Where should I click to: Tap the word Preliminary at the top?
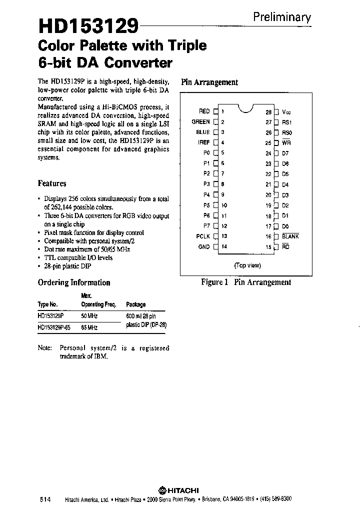[282, 17]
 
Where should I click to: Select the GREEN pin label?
[200, 121]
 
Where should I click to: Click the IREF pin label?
[203, 142]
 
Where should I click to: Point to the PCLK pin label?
[202, 236]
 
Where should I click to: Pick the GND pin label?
[204, 246]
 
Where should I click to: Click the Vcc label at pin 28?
[286, 112]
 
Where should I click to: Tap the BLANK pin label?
[290, 236]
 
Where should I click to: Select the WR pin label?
[286, 143]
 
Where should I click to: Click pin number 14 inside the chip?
[224, 246]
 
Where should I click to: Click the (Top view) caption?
[247, 265]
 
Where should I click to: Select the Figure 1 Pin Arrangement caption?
[245, 282]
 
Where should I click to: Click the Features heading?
[52, 183]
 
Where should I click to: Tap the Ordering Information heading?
[74, 282]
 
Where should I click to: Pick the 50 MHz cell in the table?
[89, 316]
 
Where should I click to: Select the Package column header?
[135, 304]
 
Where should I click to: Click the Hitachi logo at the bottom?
[178, 490]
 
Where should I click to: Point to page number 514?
[45, 499]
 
